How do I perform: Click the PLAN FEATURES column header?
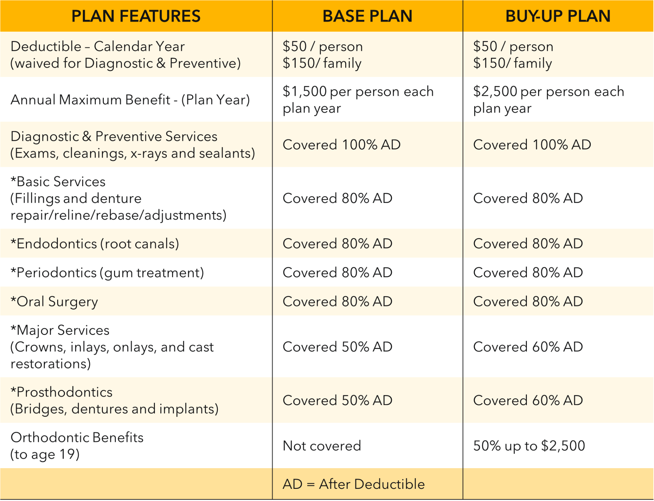[136, 16]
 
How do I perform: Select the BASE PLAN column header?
[367, 16]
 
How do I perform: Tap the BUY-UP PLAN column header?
[558, 16]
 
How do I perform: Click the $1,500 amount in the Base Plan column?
[305, 92]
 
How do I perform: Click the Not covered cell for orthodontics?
[322, 446]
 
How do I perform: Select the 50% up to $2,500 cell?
[529, 446]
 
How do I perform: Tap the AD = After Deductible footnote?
[354, 484]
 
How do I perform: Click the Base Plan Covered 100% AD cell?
[341, 145]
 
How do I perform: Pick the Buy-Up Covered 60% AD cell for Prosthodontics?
[528, 400]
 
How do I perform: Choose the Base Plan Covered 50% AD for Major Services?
[337, 347]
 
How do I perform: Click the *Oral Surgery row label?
[54, 301]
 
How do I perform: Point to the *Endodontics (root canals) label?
[95, 244]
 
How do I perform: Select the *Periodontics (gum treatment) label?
[107, 273]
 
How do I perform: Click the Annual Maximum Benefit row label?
[130, 100]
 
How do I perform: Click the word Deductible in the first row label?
[46, 47]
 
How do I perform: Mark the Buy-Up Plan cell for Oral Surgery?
[528, 301]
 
